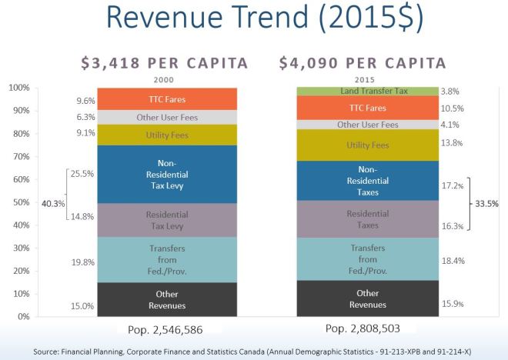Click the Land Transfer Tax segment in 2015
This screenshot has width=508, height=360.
[x=367, y=92]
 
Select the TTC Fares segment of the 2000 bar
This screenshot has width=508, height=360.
[x=167, y=99]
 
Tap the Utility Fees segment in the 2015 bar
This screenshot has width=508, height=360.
[x=367, y=145]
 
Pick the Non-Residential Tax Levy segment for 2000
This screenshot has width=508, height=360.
[x=167, y=174]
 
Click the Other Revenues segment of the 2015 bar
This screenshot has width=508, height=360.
[x=367, y=298]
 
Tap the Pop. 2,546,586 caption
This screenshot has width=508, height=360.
[x=166, y=329]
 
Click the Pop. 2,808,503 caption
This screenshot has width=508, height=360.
[x=368, y=329]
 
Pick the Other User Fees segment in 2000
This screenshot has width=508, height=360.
[x=167, y=118]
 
